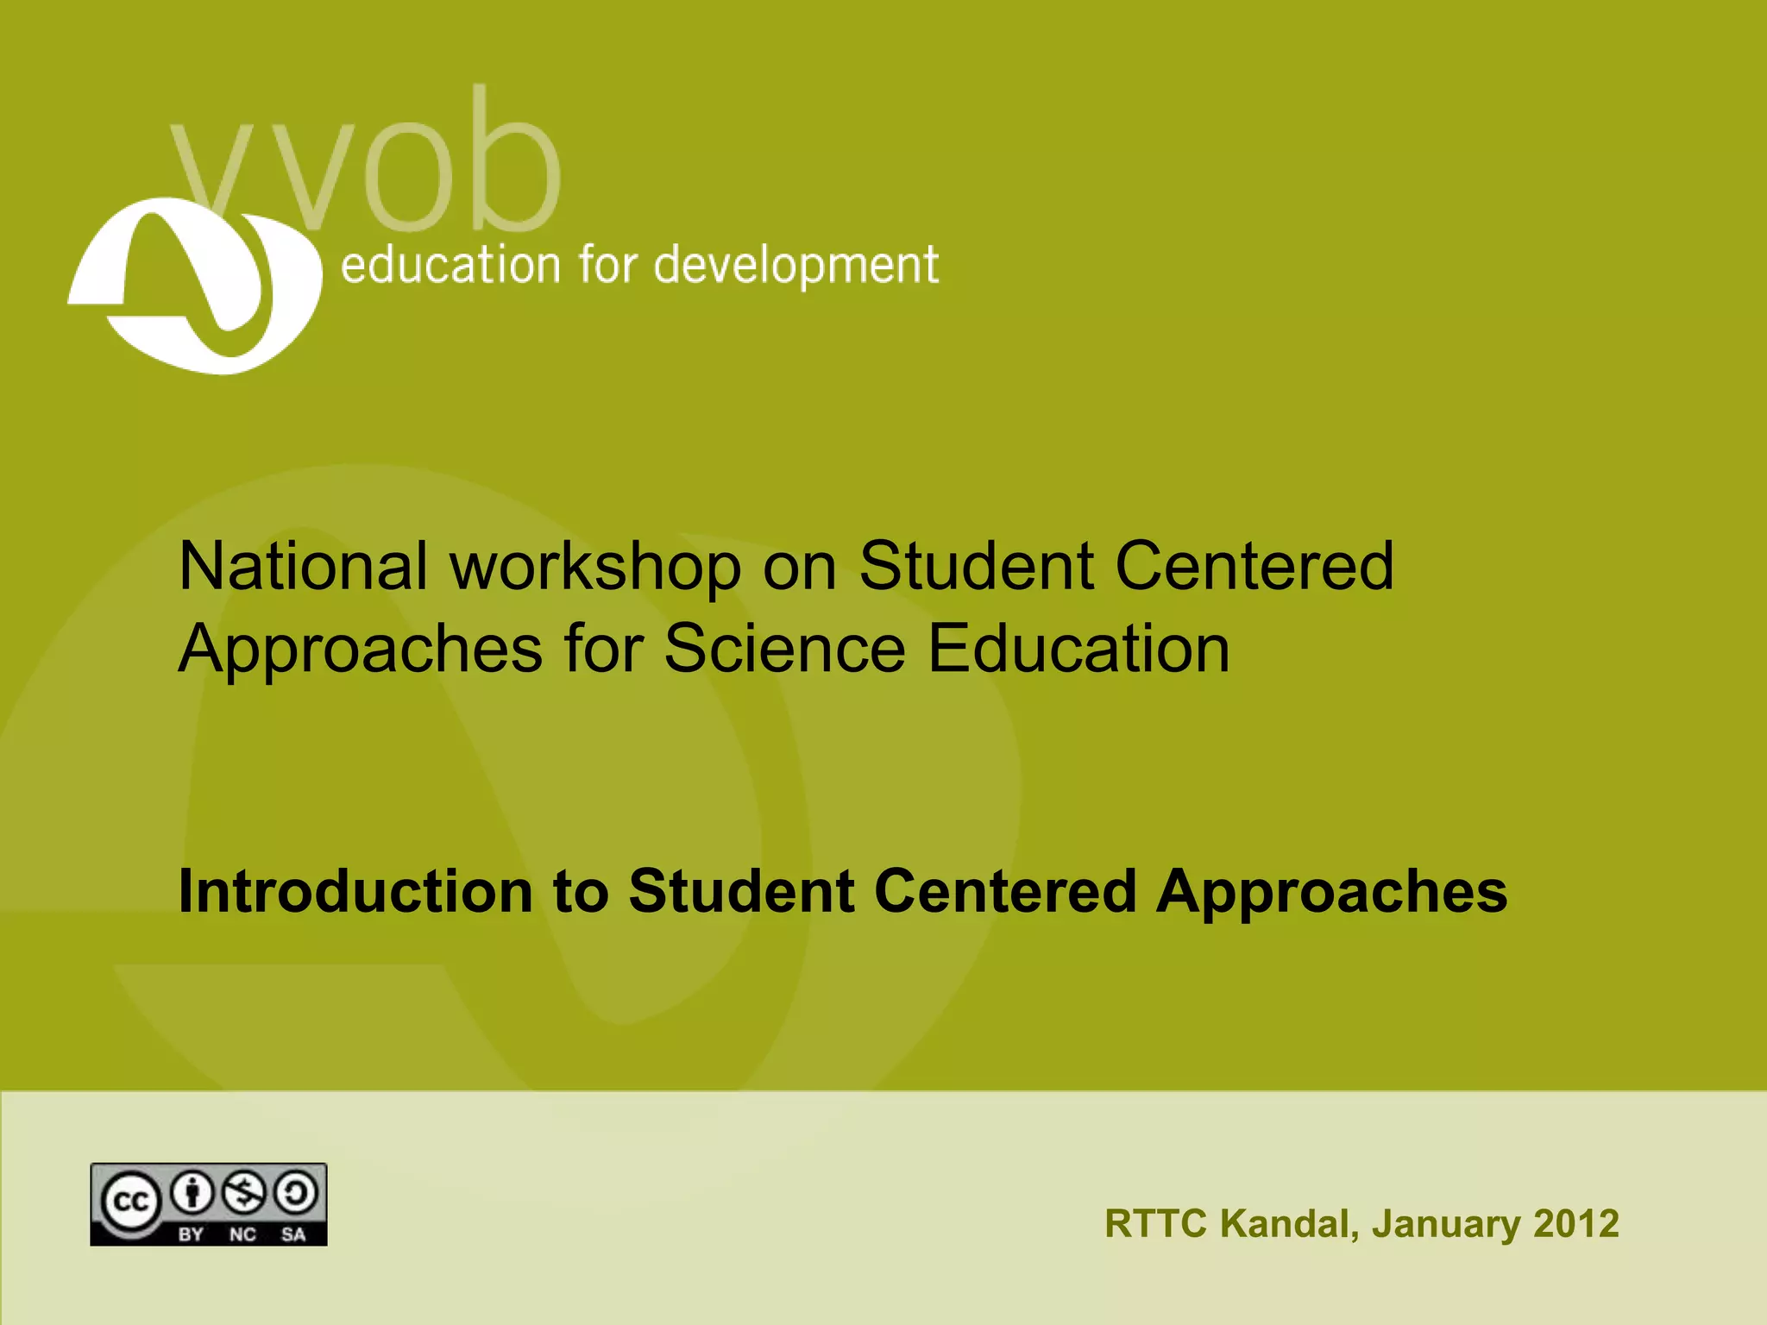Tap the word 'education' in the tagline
450,265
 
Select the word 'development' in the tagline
795,267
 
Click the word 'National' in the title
303,566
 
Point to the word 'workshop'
595,568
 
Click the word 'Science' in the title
784,649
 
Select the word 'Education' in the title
1078,649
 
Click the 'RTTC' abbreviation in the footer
1155,1224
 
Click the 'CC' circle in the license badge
130,1202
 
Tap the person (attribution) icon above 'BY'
194,1193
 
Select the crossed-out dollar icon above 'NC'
244,1193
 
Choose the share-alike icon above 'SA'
296,1193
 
